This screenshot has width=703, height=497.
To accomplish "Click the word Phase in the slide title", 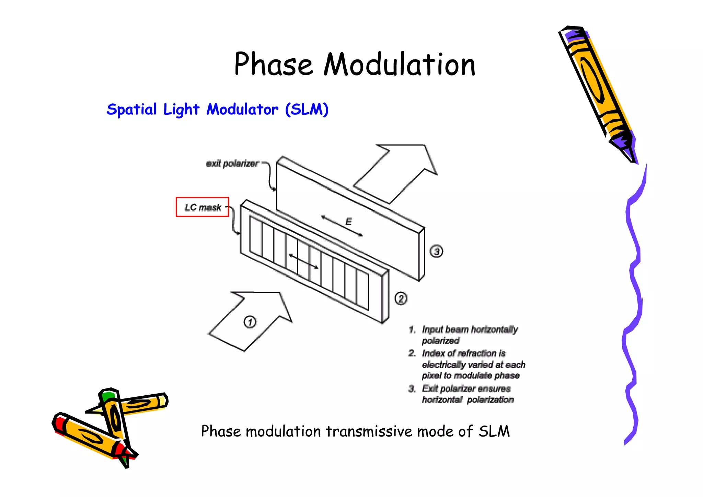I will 273,64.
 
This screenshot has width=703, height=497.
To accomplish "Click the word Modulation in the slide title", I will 400,64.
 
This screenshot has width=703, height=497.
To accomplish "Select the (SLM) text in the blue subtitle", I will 307,110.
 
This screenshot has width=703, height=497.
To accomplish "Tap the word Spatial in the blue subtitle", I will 131,110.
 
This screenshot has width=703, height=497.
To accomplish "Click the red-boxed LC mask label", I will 203,207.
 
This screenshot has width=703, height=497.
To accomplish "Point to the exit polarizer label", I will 232,163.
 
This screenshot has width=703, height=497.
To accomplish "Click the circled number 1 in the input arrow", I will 250,322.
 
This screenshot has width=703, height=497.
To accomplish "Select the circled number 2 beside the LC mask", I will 401,298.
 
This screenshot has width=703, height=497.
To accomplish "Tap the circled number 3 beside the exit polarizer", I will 436,251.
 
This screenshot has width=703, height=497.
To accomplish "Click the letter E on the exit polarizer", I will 348,221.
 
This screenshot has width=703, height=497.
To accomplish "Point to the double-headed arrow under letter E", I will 342,226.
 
